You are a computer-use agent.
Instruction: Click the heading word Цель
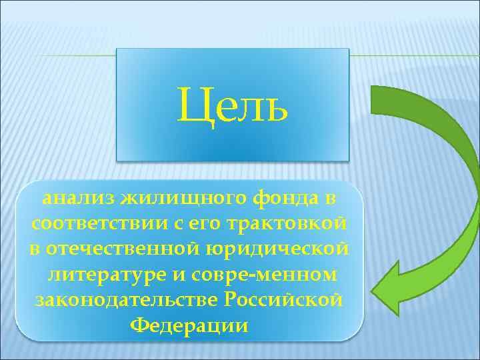[233, 105]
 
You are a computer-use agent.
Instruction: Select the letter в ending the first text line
[331, 198]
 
